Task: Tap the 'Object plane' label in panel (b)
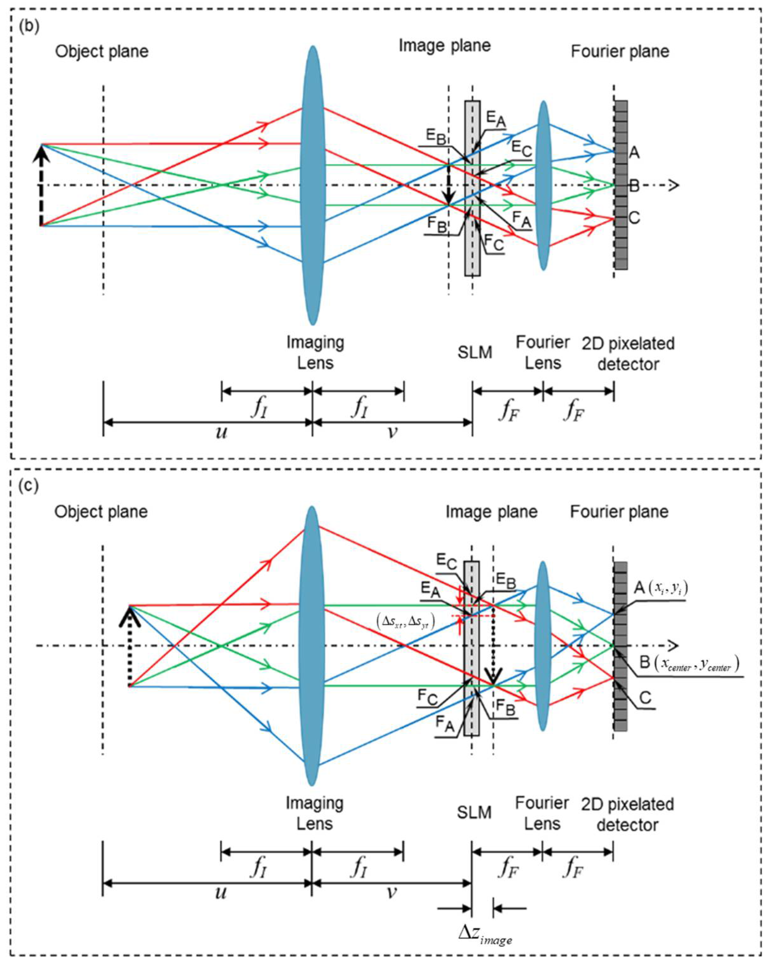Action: tap(102, 52)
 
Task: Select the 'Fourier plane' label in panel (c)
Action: tap(619, 512)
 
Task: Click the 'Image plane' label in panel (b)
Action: tap(444, 45)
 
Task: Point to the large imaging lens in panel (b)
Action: tap(313, 185)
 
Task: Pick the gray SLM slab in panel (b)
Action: tap(472, 188)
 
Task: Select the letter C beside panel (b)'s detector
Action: tap(634, 218)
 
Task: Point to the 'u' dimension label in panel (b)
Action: tap(221, 432)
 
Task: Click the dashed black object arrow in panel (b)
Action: tap(41, 185)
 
